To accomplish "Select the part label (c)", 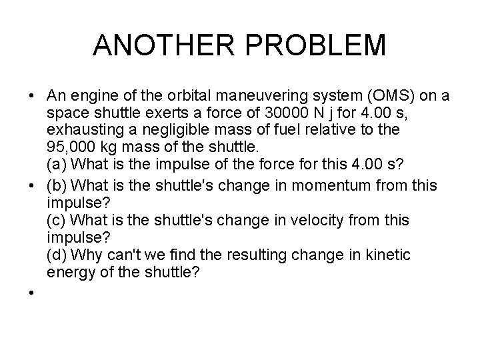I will [57, 219].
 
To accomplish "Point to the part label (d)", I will [57, 254].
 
